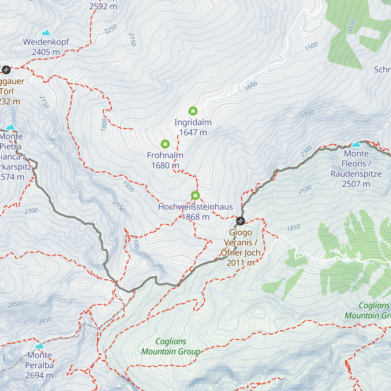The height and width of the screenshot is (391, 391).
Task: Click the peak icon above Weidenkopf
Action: coord(46,32)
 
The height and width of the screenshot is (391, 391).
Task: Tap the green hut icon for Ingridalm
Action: coord(193,111)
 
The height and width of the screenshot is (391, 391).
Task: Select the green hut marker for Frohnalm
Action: coord(165,144)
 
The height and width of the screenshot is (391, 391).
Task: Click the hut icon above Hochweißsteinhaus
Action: coord(195,195)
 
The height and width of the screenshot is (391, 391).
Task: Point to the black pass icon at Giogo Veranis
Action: coord(240,221)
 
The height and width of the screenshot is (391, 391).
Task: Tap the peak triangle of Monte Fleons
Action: coord(356,144)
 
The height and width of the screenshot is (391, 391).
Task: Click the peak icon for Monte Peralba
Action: coord(39,345)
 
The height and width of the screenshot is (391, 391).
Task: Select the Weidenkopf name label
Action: coord(46,42)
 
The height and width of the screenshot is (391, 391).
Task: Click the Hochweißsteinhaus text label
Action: coord(195,207)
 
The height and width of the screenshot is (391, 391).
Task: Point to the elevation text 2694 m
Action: coord(39,375)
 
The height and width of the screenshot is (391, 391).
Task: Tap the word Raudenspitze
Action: coord(356,174)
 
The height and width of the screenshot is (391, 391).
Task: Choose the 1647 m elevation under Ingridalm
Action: coord(193,132)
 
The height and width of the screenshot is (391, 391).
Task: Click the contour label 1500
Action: coord(311,46)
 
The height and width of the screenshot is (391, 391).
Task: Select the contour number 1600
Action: coord(251,86)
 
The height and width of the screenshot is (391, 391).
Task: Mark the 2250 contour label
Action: coord(110,29)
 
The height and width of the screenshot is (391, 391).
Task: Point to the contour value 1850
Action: coord(293,227)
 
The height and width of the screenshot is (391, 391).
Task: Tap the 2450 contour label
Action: coord(45,320)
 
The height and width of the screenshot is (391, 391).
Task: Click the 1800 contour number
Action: coord(104,125)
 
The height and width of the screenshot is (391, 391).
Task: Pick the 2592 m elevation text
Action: coord(103,6)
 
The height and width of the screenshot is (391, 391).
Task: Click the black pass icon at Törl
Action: coord(6,70)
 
